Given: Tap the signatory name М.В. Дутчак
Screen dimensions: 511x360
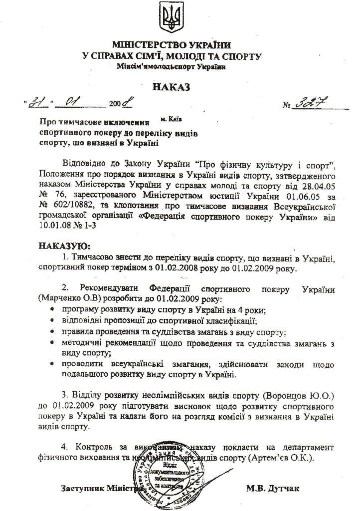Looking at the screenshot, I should pos(272,488).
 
